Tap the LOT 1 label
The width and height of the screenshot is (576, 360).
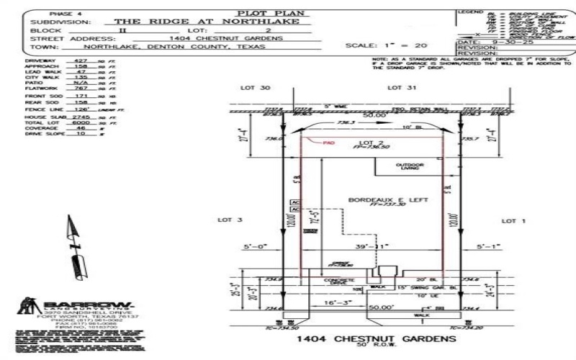pyautogui.click(x=514, y=220)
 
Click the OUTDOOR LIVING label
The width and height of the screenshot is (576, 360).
pyautogui.click(x=410, y=167)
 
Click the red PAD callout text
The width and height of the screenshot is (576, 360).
pyautogui.click(x=329, y=143)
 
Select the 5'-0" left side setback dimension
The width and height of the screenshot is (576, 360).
pyautogui.click(x=256, y=246)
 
